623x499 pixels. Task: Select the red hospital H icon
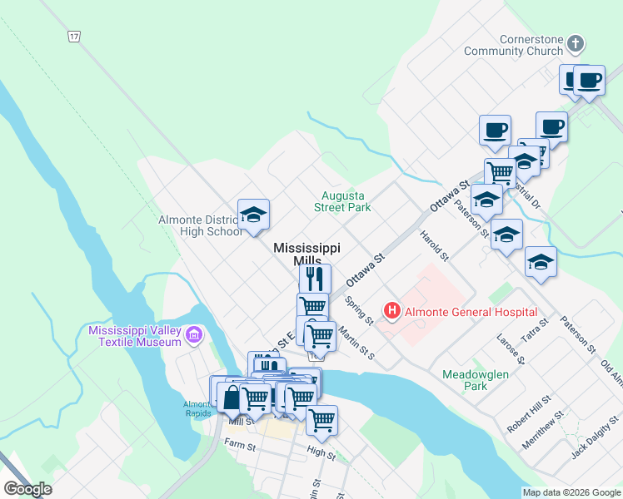391,312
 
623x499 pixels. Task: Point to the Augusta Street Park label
342,201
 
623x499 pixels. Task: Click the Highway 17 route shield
75,37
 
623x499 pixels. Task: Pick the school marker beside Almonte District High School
253,215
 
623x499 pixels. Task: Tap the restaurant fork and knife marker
315,278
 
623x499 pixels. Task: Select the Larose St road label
509,349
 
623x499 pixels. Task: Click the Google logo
27,489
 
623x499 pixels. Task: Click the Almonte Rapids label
198,408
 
